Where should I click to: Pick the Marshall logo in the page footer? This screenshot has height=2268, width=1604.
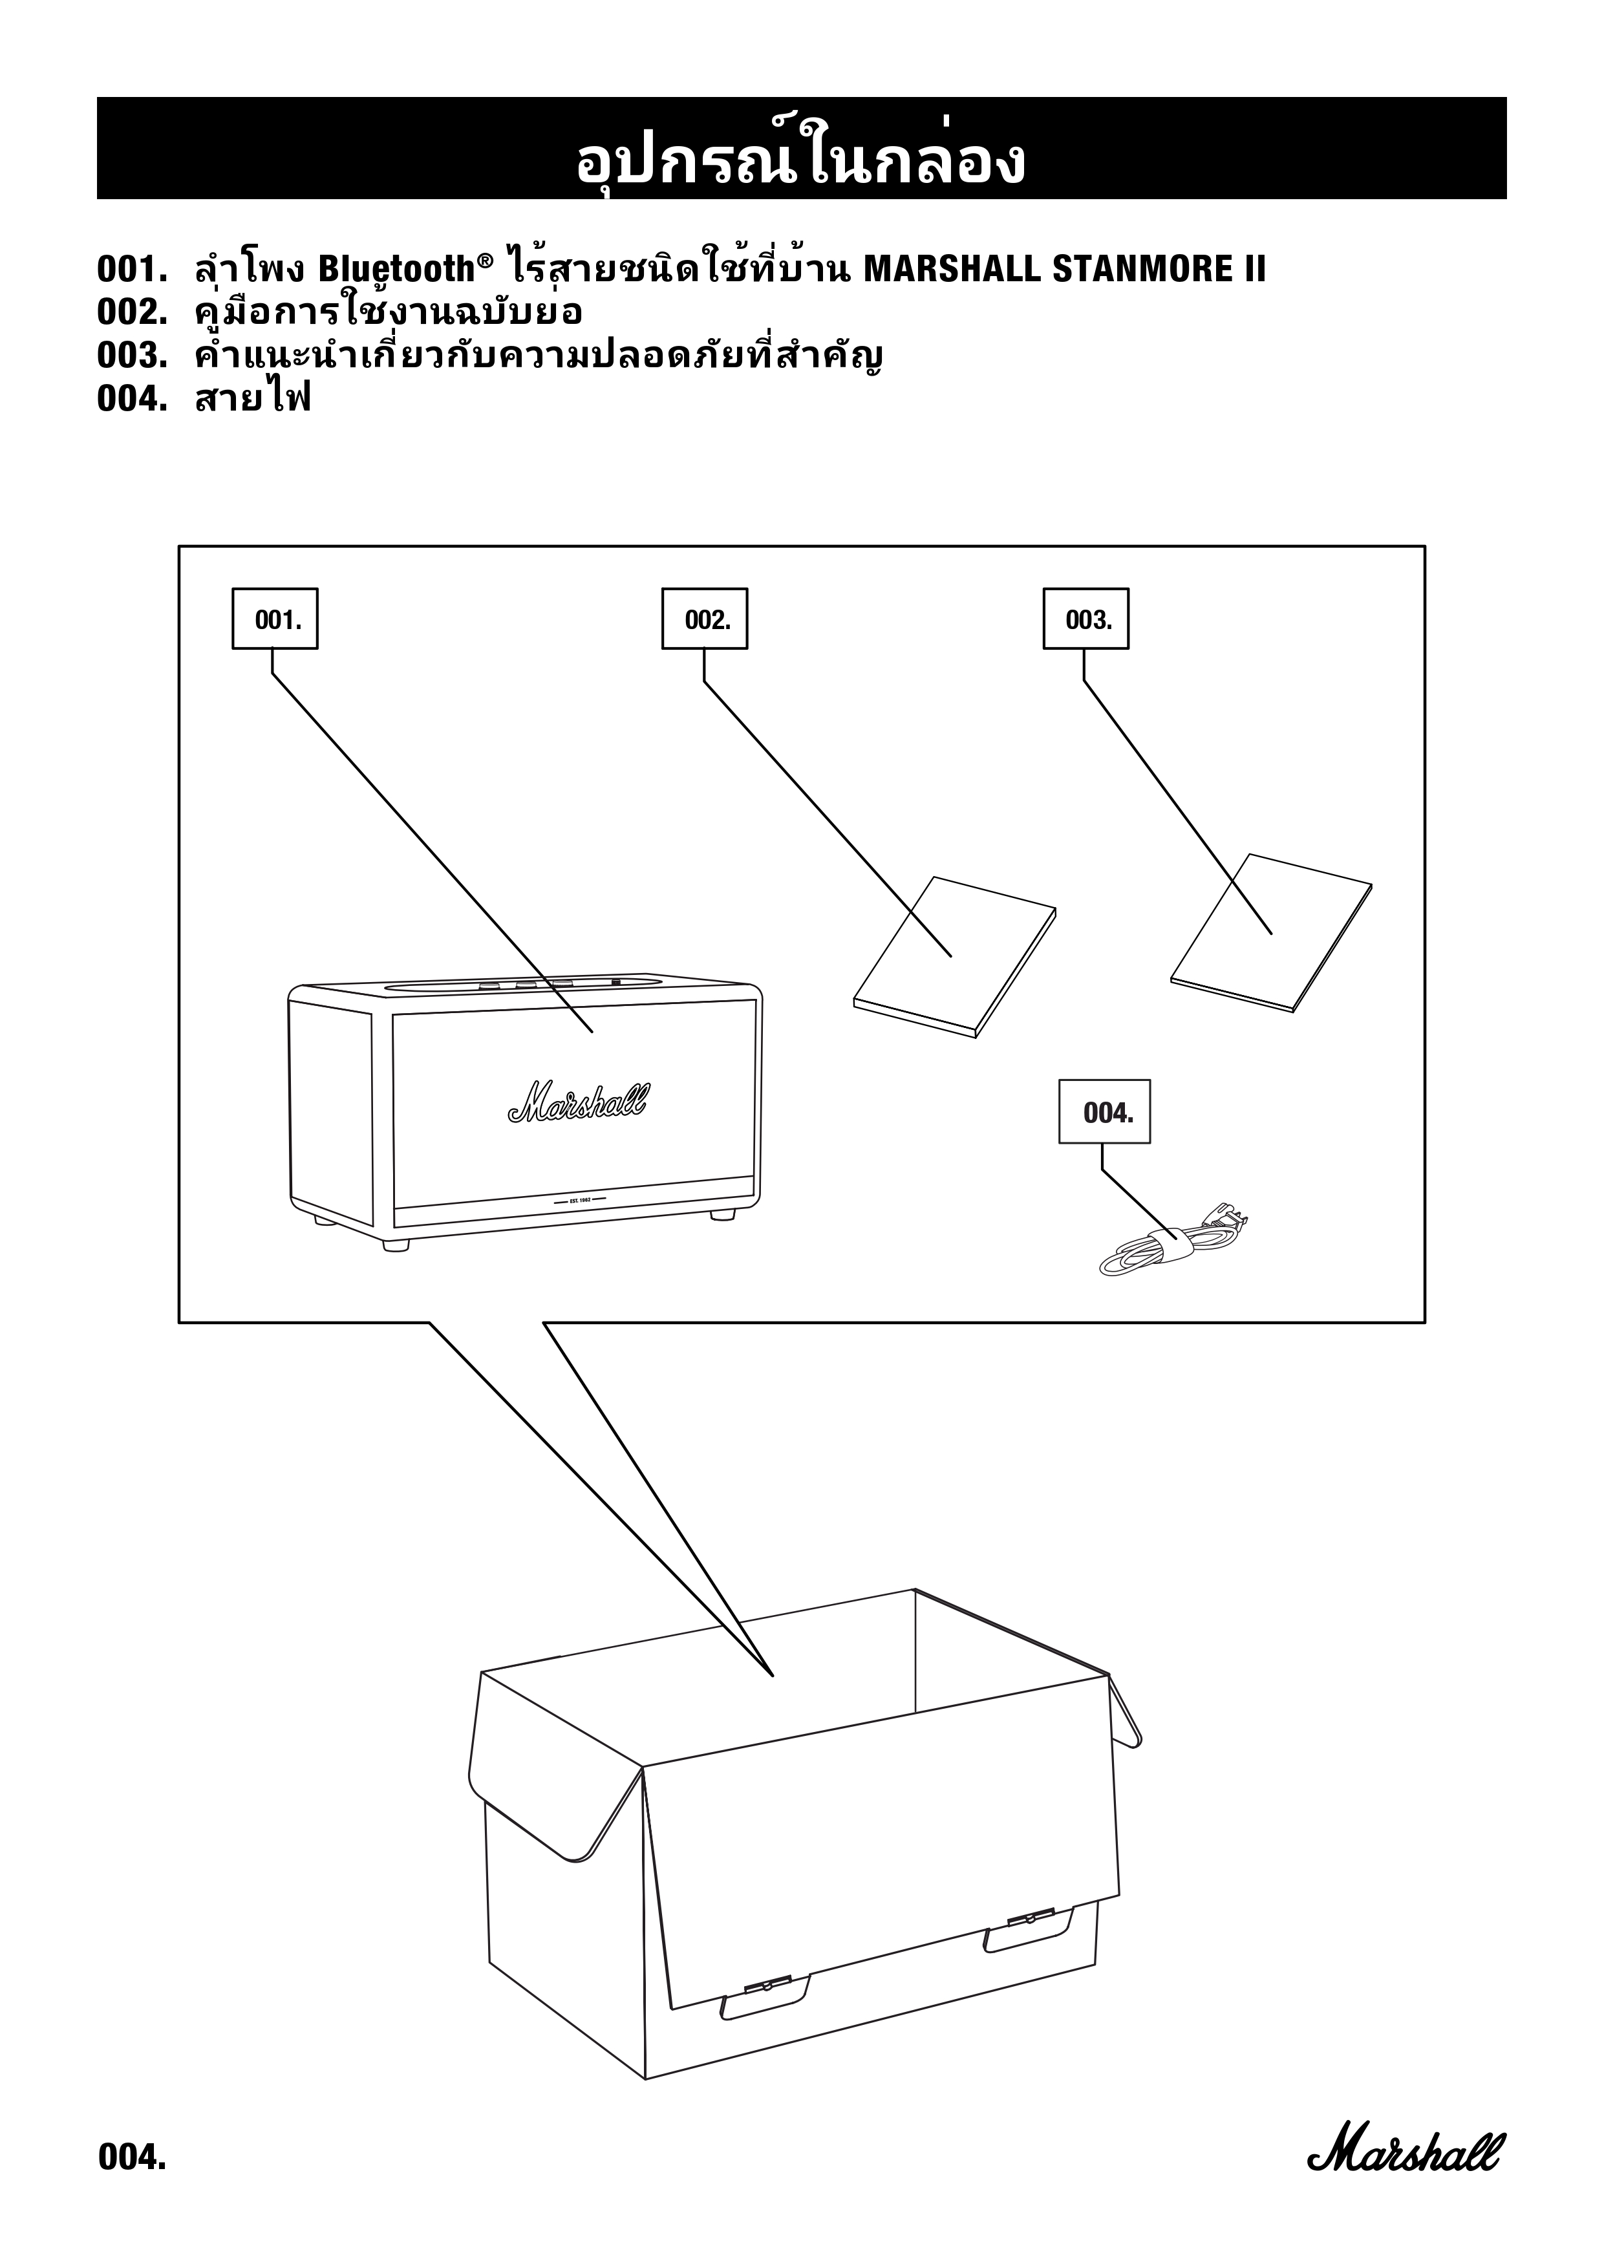(1406, 2148)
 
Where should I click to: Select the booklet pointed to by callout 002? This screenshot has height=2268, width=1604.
(953, 955)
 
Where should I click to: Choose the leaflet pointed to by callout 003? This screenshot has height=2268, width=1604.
(1271, 932)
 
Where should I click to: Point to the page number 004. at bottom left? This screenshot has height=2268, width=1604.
(131, 2156)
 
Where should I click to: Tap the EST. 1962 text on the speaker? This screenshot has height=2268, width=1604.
(580, 1200)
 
